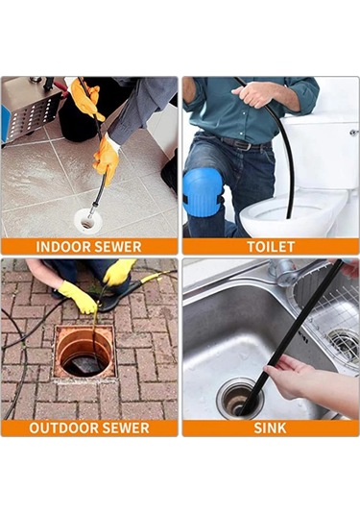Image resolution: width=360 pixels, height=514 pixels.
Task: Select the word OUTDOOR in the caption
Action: click(61, 428)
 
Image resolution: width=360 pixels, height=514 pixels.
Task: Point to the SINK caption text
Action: click(270, 428)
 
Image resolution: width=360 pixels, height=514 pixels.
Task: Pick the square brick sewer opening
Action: click(84, 352)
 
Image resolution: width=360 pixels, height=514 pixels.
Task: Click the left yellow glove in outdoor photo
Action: click(78, 298)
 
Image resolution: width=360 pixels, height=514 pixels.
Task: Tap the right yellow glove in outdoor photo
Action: click(119, 273)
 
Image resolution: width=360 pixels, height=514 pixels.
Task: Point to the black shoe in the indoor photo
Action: click(170, 173)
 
